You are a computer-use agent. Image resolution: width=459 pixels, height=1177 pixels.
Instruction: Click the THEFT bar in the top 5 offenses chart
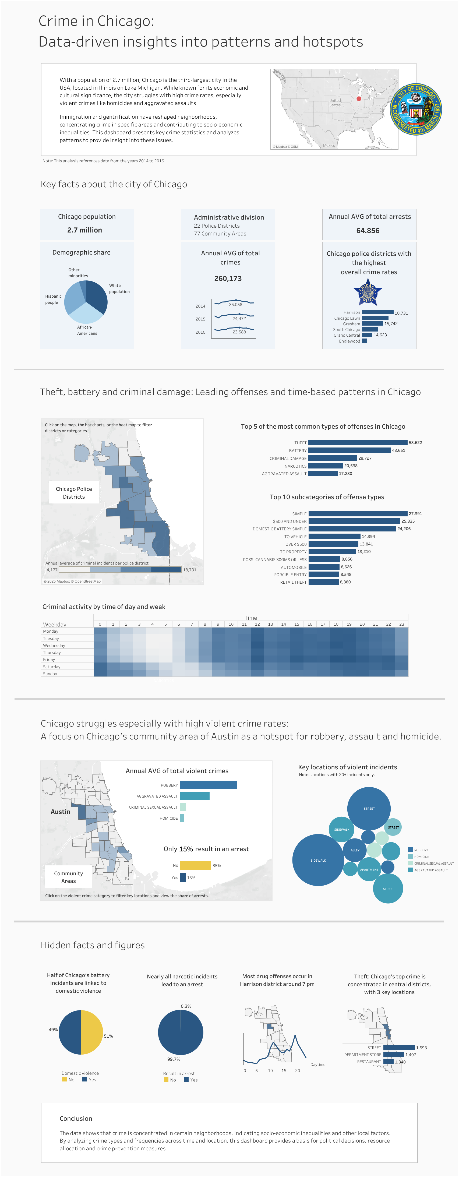[x=358, y=442]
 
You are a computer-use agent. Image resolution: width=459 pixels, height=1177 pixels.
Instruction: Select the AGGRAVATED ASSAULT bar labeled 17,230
[x=323, y=473]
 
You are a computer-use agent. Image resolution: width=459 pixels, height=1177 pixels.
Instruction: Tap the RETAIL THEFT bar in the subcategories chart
[x=323, y=582]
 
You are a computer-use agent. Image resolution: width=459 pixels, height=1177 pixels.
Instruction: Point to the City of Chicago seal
[x=416, y=109]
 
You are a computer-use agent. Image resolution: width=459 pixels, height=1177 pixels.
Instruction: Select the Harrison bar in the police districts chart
[x=378, y=312]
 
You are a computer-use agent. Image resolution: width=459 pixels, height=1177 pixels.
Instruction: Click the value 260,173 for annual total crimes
[x=228, y=278]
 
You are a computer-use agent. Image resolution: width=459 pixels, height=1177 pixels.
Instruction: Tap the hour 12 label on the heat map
[x=257, y=624]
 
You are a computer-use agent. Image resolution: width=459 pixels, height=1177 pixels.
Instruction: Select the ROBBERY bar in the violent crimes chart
[x=208, y=784]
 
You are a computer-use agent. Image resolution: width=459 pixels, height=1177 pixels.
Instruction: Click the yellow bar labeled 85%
[x=196, y=865]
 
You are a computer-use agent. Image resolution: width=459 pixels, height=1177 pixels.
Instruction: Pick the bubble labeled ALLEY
[x=355, y=850]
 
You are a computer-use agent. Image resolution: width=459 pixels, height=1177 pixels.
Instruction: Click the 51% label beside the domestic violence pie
[x=108, y=1036]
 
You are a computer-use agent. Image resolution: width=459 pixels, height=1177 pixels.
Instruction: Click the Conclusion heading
[x=76, y=1118]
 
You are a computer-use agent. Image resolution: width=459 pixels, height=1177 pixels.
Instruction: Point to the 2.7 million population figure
[x=84, y=230]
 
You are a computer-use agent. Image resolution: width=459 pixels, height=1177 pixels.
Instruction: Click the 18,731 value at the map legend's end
[x=189, y=570]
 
